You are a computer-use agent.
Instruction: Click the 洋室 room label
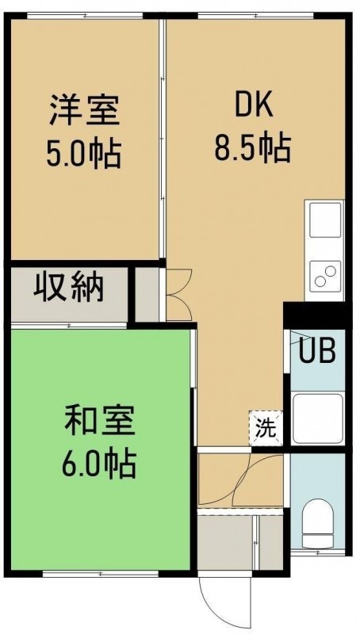pyautogui.click(x=85, y=111)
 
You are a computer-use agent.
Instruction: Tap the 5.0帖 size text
pyautogui.click(x=84, y=154)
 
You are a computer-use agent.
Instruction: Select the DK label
pyautogui.click(x=253, y=106)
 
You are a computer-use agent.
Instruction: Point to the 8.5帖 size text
pyautogui.click(x=253, y=147)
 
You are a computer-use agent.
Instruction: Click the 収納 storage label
pyautogui.click(x=68, y=288)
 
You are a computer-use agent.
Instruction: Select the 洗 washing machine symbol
pyautogui.click(x=266, y=428)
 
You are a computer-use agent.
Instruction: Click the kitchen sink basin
pyautogui.click(x=325, y=220)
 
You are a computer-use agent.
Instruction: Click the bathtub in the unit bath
pyautogui.click(x=318, y=418)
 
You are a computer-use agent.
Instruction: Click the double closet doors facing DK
pyautogui.click(x=178, y=294)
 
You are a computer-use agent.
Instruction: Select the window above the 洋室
pyautogui.click(x=85, y=16)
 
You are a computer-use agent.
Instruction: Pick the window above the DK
pyautogui.click(x=255, y=16)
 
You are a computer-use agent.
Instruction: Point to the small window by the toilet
pyautogui.click(x=318, y=552)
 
